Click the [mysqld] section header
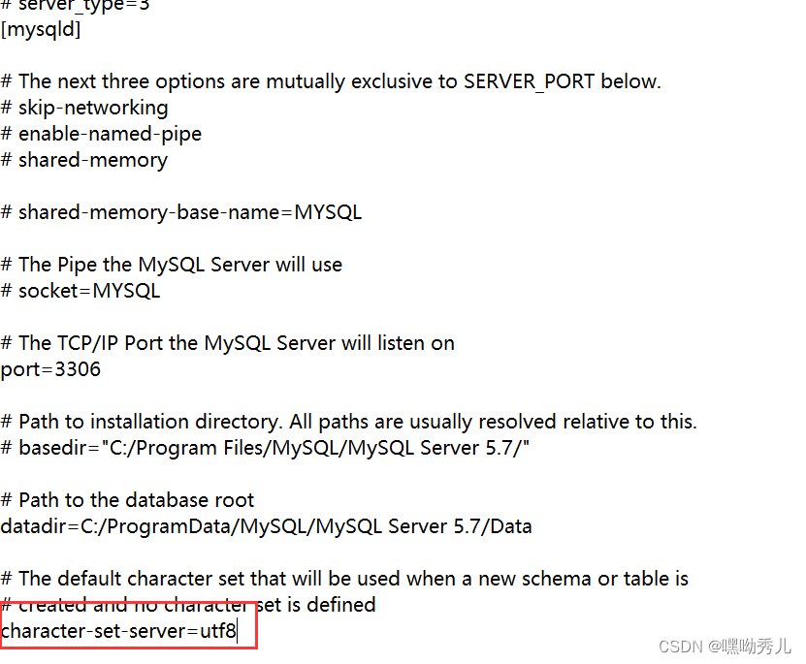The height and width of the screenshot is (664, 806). [41, 30]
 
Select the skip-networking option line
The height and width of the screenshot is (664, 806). [92, 108]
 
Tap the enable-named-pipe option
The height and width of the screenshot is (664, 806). [110, 134]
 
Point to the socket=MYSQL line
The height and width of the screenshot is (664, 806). [88, 291]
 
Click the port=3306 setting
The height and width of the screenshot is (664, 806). [50, 369]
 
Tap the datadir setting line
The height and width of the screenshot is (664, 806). [266, 526]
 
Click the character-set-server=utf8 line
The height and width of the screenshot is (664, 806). [118, 631]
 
